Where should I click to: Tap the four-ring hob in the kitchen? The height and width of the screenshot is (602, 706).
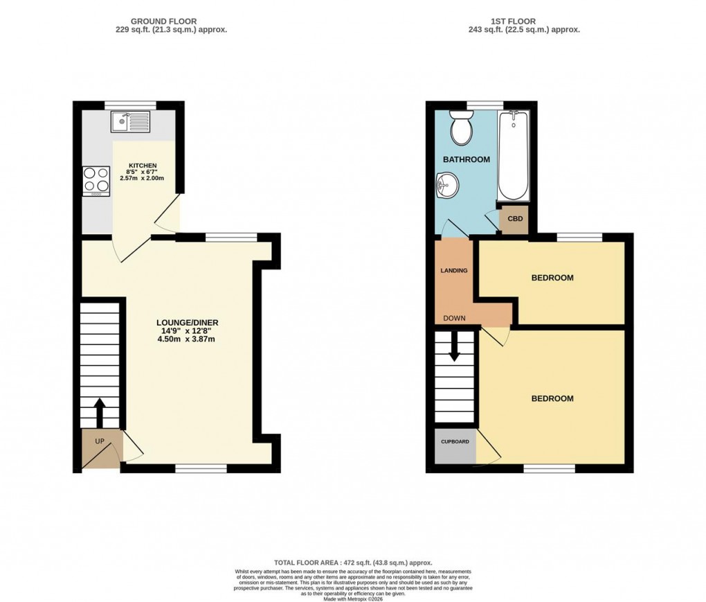pos(96,181)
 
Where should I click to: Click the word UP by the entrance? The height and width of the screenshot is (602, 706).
pos(99,441)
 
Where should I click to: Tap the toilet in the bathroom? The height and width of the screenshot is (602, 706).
pos(460,125)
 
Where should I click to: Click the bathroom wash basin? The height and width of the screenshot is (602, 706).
pos(446,185)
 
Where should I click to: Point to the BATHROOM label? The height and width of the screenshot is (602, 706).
pos(467,159)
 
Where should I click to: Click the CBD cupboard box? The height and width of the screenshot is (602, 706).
pos(515,220)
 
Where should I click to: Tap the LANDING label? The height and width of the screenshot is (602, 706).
pos(453,270)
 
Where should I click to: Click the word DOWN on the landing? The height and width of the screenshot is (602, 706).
pos(455,319)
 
